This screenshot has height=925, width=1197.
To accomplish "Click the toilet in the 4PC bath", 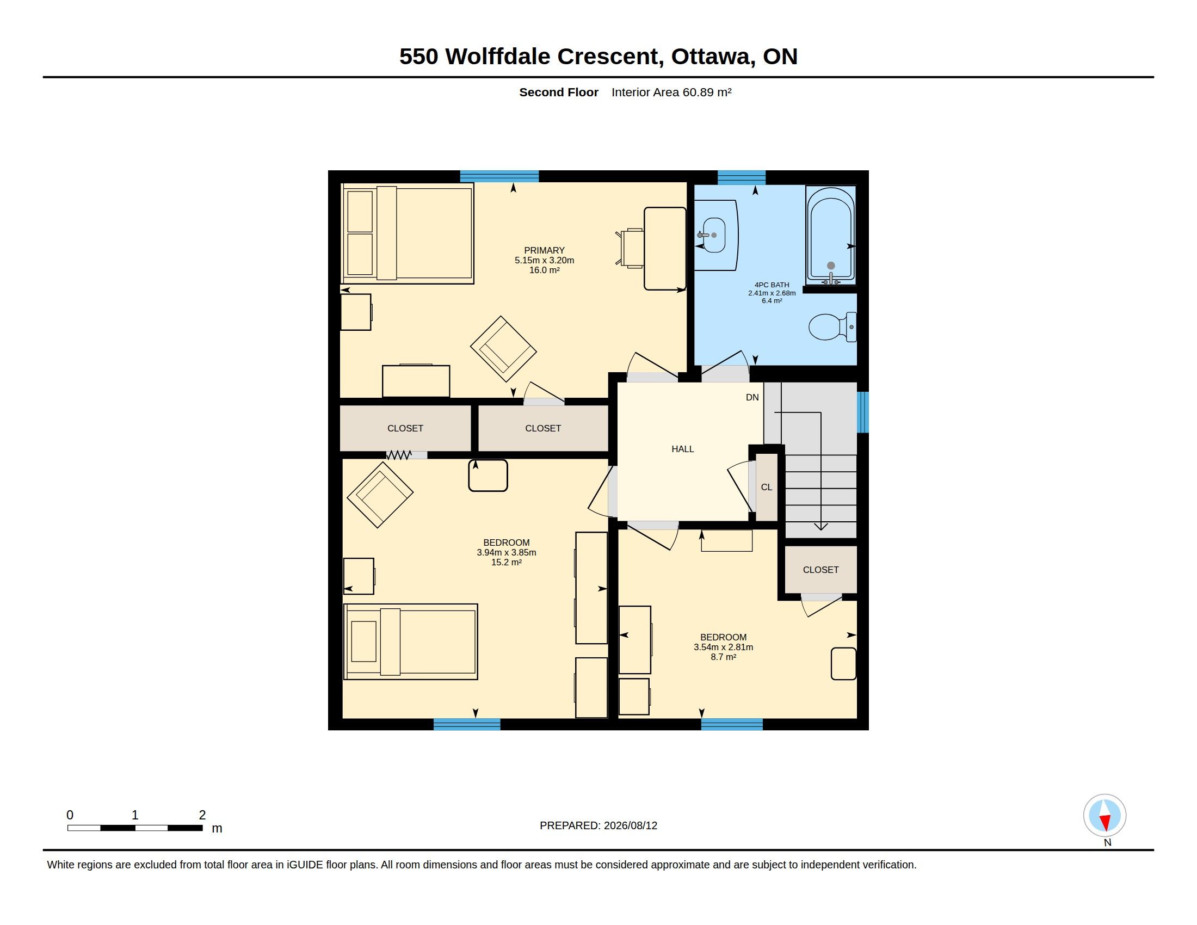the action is [x=832, y=326].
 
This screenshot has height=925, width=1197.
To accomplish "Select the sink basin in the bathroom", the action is [x=714, y=235].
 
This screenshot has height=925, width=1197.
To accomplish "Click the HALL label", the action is [x=683, y=449].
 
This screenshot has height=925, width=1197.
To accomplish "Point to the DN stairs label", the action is [x=752, y=397].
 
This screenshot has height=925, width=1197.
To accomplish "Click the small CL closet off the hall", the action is [x=766, y=486].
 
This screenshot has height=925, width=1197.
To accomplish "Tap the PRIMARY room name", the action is [x=544, y=250].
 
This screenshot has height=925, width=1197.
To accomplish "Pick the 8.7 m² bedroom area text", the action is [x=724, y=657].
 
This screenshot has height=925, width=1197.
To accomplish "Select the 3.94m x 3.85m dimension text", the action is [x=507, y=552].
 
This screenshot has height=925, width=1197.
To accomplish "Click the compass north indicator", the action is [x=1105, y=816].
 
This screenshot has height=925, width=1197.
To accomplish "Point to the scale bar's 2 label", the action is [x=202, y=815].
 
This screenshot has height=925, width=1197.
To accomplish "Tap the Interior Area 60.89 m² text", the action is [x=671, y=92].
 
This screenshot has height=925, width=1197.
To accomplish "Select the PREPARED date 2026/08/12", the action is [x=630, y=825].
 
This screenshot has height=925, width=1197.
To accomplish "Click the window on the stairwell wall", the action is [x=863, y=412].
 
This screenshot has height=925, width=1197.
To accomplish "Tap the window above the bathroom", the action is [x=742, y=177].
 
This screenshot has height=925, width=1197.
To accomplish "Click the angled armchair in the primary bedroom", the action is [x=503, y=349].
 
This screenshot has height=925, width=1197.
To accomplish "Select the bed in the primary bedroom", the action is [x=407, y=233].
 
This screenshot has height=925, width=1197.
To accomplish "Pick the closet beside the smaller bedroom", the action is [x=820, y=569].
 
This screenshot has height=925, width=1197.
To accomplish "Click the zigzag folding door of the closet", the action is [x=399, y=455].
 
